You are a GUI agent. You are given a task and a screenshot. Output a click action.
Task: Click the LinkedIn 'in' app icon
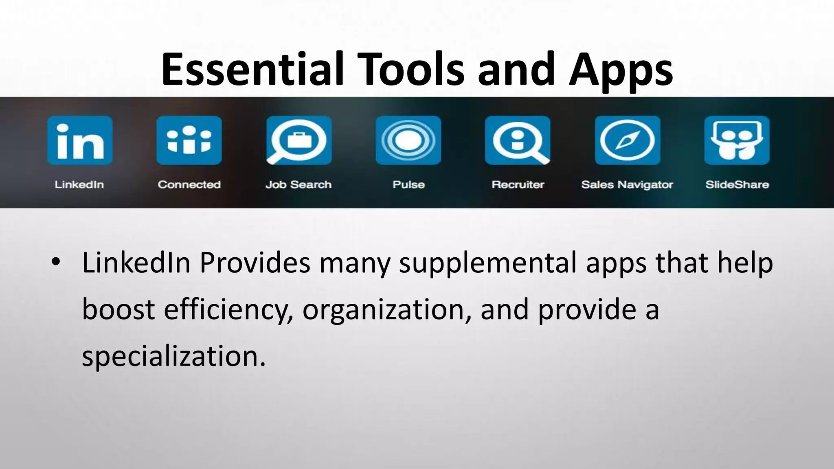pyautogui.click(x=80, y=140)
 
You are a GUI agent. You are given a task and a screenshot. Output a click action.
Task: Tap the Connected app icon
pyautogui.click(x=189, y=140)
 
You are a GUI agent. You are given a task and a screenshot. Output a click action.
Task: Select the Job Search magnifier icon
pyautogui.click(x=299, y=140)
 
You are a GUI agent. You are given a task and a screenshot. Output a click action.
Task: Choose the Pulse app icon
pyautogui.click(x=408, y=140)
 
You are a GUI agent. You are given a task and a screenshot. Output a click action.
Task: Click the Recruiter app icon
pyautogui.click(x=518, y=140)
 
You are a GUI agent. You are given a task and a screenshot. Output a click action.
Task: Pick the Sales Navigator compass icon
pyautogui.click(x=628, y=140)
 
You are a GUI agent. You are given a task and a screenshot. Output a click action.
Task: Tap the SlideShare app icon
pyautogui.click(x=737, y=140)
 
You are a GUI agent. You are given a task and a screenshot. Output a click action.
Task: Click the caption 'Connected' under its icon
pyautogui.click(x=189, y=185)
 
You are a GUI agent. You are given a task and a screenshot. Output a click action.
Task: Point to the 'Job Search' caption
pyautogui.click(x=298, y=185)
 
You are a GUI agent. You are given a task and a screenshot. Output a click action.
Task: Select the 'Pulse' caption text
pyautogui.click(x=408, y=185)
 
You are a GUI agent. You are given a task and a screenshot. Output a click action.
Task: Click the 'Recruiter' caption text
pyautogui.click(x=518, y=185)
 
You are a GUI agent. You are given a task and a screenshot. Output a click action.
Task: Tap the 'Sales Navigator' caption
pyautogui.click(x=627, y=185)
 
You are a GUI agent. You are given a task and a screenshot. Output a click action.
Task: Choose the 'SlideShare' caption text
pyautogui.click(x=737, y=185)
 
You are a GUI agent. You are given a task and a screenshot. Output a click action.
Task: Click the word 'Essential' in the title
pyautogui.click(x=252, y=69)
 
